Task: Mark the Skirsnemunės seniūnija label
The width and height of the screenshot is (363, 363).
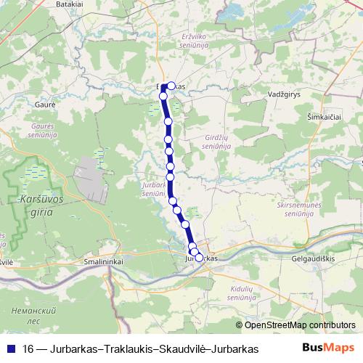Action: pyautogui.click(x=300, y=211)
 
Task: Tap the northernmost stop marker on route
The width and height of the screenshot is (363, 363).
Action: pyautogui.click(x=171, y=86)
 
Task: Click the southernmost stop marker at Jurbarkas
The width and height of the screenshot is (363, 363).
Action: pyautogui.click(x=199, y=257)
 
